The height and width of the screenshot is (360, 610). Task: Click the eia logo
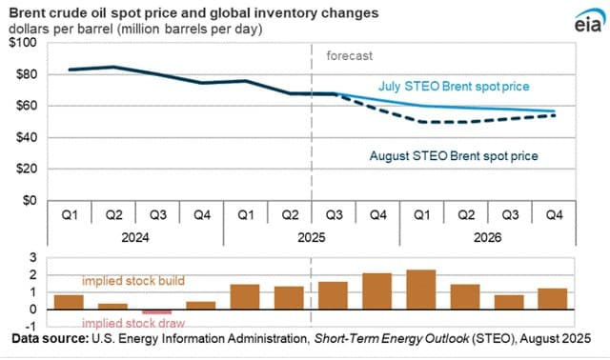pyautogui.click(x=590, y=22)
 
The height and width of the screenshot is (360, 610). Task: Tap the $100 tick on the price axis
pyautogui.click(x=23, y=42)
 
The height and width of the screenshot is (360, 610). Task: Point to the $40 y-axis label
pyautogui.click(x=27, y=137)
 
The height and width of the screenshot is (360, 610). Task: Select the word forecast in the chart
pyautogui.click(x=350, y=56)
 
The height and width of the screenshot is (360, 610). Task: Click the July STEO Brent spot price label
pyautogui.click(x=454, y=87)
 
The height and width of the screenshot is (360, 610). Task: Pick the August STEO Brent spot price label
pyautogui.click(x=454, y=156)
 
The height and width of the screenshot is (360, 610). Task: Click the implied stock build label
pyautogui.click(x=133, y=281)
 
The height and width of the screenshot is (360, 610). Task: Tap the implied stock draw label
pyautogui.click(x=133, y=323)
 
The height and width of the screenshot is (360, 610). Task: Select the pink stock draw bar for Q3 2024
pyautogui.click(x=156, y=311)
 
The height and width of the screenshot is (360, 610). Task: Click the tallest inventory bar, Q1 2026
pyautogui.click(x=421, y=290)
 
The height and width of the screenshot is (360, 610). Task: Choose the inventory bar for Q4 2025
pyautogui.click(x=377, y=291)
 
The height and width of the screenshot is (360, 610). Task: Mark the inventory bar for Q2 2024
pyautogui.click(x=112, y=307)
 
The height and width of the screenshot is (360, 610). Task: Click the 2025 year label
pyautogui.click(x=312, y=237)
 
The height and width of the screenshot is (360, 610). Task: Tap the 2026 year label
pyautogui.click(x=487, y=237)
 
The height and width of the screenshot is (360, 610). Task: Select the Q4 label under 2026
pyautogui.click(x=554, y=214)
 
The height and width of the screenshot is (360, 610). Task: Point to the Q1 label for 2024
pyautogui.click(x=70, y=214)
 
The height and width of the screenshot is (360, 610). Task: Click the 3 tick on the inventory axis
pyautogui.click(x=33, y=257)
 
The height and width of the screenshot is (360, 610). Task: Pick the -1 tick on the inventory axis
pyautogui.click(x=31, y=326)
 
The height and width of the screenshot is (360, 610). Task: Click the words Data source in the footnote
pyautogui.click(x=51, y=339)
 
